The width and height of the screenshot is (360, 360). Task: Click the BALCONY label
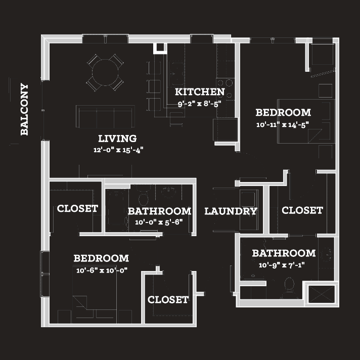[x=24, y=109]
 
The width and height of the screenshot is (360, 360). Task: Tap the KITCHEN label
[x=200, y=92]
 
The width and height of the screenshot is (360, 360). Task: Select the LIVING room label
[x=117, y=139]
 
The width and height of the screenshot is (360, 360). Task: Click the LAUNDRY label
[x=231, y=211]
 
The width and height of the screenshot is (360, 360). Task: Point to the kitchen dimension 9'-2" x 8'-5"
[x=200, y=104]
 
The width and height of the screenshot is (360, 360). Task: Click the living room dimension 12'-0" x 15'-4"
[x=118, y=150]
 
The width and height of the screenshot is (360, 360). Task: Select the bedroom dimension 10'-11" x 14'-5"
[x=283, y=125]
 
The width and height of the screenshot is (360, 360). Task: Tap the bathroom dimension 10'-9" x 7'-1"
[x=282, y=265]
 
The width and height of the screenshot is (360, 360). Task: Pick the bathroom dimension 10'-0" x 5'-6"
[x=159, y=222]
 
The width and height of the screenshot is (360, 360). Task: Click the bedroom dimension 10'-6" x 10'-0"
[x=102, y=270]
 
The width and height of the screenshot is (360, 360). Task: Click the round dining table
[x=105, y=72]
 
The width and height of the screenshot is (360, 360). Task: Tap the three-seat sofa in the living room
[x=105, y=116]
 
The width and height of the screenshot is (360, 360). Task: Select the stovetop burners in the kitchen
[x=226, y=89]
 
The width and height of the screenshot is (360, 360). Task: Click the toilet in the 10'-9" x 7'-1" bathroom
[x=289, y=288]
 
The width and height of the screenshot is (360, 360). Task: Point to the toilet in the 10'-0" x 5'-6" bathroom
[x=144, y=197]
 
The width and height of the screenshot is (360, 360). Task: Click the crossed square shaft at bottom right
[x=322, y=294]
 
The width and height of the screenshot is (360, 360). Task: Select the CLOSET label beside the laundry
[x=302, y=210]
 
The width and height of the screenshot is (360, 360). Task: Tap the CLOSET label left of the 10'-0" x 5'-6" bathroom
[x=77, y=208]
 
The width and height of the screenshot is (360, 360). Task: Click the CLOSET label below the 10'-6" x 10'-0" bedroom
[x=168, y=300]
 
